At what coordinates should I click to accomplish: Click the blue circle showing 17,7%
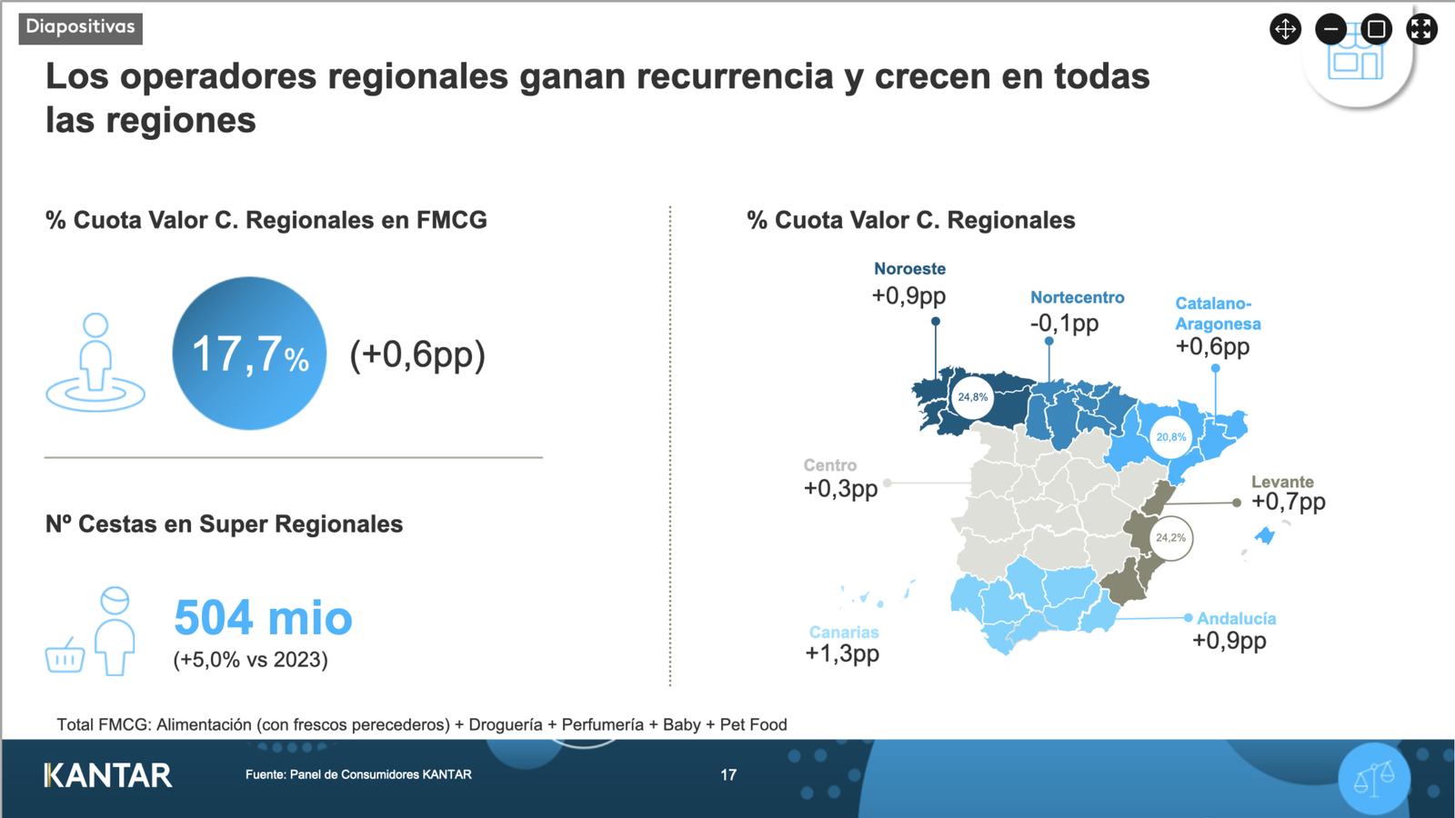pyautogui.click(x=249, y=354)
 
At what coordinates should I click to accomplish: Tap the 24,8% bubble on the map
pyautogui.click(x=972, y=396)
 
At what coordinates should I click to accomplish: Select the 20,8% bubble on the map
pyautogui.click(x=1171, y=437)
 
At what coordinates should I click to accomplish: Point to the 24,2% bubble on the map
pyautogui.click(x=1170, y=537)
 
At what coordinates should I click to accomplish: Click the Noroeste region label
pyautogui.click(x=909, y=269)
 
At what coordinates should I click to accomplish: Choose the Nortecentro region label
pyautogui.click(x=1077, y=297)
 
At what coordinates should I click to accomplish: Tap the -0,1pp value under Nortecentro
pyautogui.click(x=1064, y=324)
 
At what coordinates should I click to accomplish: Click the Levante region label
pyautogui.click(x=1282, y=482)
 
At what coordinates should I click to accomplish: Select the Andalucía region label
pyautogui.click(x=1236, y=619)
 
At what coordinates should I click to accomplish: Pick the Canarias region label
pyautogui.click(x=844, y=633)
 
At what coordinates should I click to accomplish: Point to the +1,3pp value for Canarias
pyautogui.click(x=842, y=653)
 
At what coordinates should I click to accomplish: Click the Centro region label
pyautogui.click(x=830, y=464)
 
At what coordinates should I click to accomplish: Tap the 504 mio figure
pyautogui.click(x=263, y=617)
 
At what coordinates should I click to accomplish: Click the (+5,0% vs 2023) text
pyautogui.click(x=250, y=660)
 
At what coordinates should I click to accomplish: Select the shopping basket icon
pyautogui.click(x=65, y=655)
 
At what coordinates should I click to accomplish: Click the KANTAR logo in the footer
pyautogui.click(x=108, y=775)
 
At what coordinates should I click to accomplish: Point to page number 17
pyautogui.click(x=728, y=774)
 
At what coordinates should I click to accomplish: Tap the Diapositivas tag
pyautogui.click(x=81, y=27)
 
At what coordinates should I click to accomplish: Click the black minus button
pyautogui.click(x=1331, y=29)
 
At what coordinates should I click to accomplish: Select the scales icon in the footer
pyautogui.click(x=1374, y=778)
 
